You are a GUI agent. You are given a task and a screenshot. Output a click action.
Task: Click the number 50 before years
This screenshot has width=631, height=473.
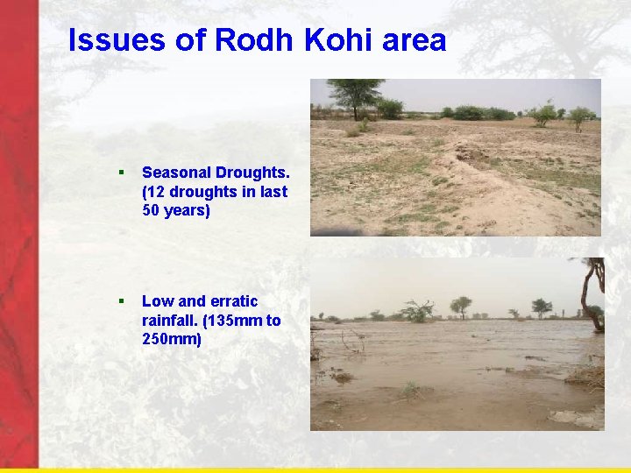(152, 211)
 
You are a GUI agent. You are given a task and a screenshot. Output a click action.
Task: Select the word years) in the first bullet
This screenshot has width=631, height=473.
(188, 212)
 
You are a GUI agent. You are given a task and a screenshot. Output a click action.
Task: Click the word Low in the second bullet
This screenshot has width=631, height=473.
(157, 301)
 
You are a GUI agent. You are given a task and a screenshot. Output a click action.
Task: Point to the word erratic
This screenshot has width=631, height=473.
(230, 301)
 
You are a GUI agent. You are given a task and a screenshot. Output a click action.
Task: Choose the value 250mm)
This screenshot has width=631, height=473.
(171, 340)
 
